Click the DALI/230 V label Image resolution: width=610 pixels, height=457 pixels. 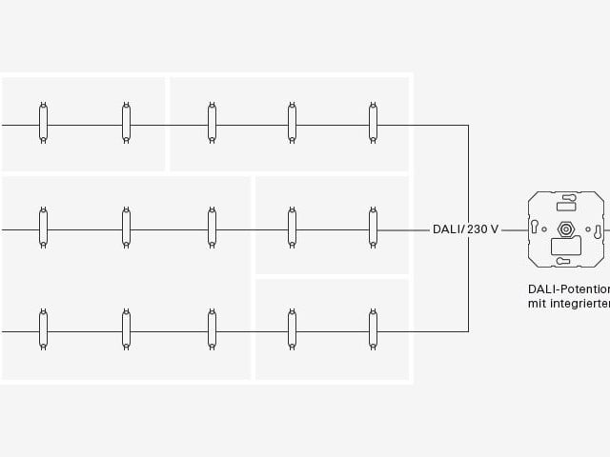coord(465,229)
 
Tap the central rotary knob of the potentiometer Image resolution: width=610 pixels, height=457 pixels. coord(566,229)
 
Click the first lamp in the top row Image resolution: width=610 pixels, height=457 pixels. coord(43,123)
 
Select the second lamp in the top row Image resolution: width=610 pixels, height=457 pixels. coord(126,123)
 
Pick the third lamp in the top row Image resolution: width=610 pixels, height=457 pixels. coord(212,123)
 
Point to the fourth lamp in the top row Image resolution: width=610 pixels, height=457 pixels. coord(292,123)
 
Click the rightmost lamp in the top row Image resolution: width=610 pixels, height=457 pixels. coord(373,123)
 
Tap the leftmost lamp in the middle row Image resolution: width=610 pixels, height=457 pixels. coord(43,228)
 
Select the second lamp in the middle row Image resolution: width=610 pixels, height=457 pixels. coord(126,228)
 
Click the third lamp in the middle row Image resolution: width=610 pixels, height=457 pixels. coord(212,228)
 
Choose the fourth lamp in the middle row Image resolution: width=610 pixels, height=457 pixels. coord(292,228)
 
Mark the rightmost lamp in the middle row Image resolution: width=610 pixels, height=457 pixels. coord(373,228)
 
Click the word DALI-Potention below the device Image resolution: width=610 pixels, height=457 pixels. coord(568,288)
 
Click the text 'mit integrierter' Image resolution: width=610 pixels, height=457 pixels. coord(568,304)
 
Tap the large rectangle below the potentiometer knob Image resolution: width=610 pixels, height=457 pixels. coord(566,246)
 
